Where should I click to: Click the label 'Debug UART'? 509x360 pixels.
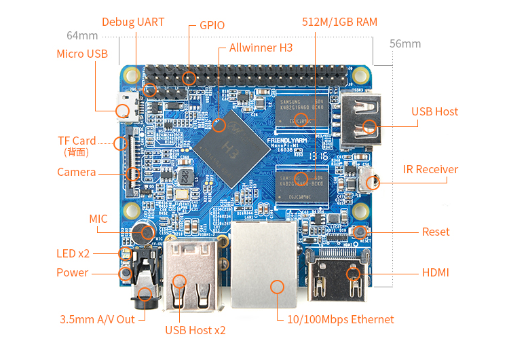[133, 22]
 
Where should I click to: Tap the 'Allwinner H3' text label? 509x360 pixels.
[261, 48]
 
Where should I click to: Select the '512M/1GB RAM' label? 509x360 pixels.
[339, 22]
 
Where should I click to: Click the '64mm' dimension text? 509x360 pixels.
[82, 35]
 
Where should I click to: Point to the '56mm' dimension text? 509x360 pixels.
[405, 44]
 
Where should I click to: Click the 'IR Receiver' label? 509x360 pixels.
[430, 169]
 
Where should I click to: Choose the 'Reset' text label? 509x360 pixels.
[436, 232]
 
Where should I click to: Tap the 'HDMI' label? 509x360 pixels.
[435, 272]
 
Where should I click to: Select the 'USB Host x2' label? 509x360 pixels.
[195, 330]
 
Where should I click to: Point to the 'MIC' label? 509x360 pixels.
[98, 219]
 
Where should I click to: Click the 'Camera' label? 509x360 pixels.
[77, 172]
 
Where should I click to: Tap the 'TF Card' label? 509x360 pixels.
[77, 141]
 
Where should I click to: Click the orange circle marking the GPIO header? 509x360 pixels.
[190, 78]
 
